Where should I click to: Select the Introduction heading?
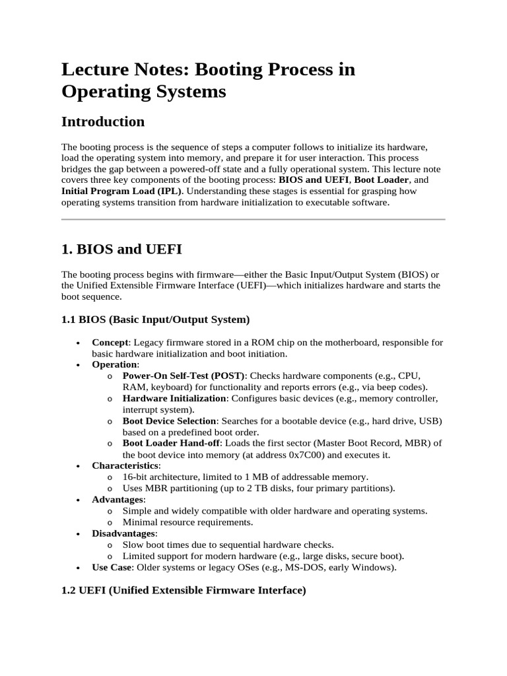pos(102,121)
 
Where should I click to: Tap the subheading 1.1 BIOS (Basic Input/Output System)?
pos(155,320)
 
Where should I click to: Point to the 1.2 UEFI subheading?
pos(184,591)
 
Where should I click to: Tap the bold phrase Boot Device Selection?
pos(170,421)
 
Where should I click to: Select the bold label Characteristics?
pos(125,465)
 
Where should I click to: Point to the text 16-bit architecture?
pos(163,477)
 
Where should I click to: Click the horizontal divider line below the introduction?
pos(253,219)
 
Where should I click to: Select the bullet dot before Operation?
pos(79,364)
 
